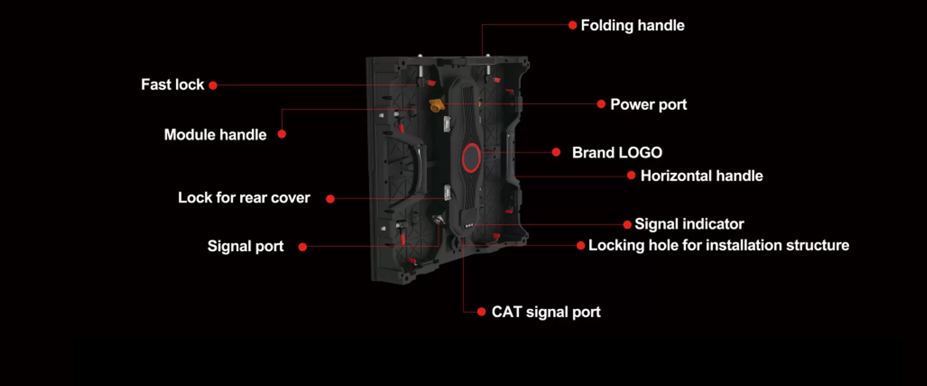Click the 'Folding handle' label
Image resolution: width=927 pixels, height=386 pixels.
point(632,26)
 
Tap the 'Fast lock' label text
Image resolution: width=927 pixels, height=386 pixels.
point(172,85)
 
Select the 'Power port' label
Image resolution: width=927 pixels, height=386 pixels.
point(648,105)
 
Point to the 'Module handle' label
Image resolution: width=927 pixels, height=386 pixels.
point(215,135)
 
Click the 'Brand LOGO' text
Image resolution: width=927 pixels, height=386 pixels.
point(617,153)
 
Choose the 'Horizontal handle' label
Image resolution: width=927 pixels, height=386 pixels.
point(702,176)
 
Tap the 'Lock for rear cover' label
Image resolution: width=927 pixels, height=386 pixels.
point(244,198)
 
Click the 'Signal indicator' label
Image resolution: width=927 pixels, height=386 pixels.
point(689,224)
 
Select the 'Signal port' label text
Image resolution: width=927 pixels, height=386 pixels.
point(245,247)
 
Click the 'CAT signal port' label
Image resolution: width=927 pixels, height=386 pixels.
point(546,312)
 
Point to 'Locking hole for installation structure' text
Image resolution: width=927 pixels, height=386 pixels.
point(718,246)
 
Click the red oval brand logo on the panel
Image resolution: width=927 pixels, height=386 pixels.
point(471,158)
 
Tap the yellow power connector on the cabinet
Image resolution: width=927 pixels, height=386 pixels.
point(436,105)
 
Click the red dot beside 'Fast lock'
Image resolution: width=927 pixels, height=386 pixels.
point(213,85)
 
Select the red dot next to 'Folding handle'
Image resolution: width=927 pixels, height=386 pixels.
point(573,25)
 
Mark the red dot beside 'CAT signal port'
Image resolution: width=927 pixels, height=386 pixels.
point(481,312)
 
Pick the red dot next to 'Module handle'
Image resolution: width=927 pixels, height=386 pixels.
point(282,134)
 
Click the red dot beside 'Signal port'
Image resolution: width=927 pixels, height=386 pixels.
point(303,247)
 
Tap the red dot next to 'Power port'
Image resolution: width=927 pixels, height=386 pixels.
point(601,104)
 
